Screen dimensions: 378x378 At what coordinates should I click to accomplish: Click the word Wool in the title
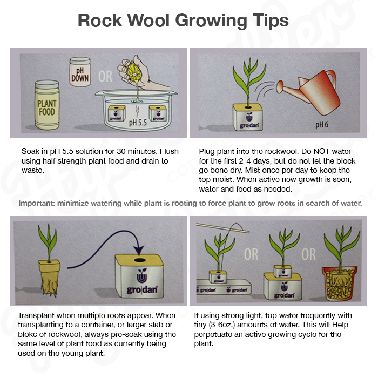pyautogui.click(x=148, y=21)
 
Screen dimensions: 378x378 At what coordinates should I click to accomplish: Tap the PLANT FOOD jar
pyautogui.click(x=47, y=105)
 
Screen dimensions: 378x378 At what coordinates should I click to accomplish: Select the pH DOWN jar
pyautogui.click(x=80, y=72)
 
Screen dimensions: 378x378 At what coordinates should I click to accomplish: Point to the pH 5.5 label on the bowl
pyautogui.click(x=138, y=123)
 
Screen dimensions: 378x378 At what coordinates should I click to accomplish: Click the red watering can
pyautogui.click(x=313, y=92)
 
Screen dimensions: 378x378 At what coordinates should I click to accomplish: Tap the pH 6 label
pyautogui.click(x=322, y=125)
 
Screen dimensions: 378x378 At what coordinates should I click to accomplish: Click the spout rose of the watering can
pyautogui.click(x=280, y=87)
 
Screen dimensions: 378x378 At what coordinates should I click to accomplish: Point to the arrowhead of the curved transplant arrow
pyautogui.click(x=139, y=250)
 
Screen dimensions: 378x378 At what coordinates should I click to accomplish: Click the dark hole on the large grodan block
pyautogui.click(x=140, y=260)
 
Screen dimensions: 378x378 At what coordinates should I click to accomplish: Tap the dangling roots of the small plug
pyautogui.click(x=50, y=286)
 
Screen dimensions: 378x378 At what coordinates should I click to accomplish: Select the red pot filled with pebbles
pyautogui.click(x=340, y=283)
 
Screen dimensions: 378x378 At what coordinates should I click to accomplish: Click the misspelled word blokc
pyautogui.click(x=28, y=334)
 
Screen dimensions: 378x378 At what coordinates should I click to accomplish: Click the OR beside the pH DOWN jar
pyautogui.click(x=105, y=77)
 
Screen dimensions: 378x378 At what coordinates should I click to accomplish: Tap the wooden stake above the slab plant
pyautogui.click(x=222, y=228)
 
